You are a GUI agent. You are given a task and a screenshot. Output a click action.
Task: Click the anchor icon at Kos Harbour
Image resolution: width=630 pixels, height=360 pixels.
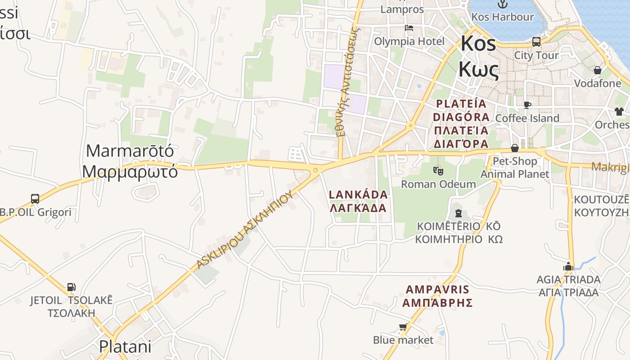[502, 4]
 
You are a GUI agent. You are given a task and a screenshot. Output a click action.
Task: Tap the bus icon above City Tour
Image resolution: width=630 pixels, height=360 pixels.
[536, 42]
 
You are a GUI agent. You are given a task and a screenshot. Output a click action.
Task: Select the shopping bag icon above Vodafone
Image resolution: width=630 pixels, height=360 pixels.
[598, 70]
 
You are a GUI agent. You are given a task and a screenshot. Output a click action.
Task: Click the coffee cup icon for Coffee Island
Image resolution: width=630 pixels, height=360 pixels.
[527, 105]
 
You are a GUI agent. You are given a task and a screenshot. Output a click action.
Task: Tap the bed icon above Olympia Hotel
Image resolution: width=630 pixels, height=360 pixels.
[409, 28]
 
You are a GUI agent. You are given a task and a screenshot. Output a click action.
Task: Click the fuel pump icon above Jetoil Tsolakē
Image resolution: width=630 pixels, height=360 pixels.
[71, 287]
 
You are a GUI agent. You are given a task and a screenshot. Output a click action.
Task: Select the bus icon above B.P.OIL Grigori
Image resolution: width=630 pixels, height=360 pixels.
[35, 198]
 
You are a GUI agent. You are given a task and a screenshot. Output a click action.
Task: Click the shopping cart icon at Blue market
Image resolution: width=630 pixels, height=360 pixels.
[403, 327]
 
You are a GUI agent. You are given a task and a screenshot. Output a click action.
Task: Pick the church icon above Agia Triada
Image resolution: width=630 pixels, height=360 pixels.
[568, 266]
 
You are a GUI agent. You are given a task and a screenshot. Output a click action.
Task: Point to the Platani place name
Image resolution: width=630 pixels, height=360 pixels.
[125, 346]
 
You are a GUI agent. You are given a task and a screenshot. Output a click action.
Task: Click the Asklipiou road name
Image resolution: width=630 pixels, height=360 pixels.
[245, 229]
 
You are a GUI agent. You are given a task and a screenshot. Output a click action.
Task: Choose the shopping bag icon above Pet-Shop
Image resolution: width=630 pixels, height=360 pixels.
[515, 148]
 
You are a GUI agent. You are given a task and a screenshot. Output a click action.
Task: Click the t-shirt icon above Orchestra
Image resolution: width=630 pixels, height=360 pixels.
[619, 111]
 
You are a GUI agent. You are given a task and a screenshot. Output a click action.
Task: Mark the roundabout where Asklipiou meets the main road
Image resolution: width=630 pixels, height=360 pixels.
[315, 170]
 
